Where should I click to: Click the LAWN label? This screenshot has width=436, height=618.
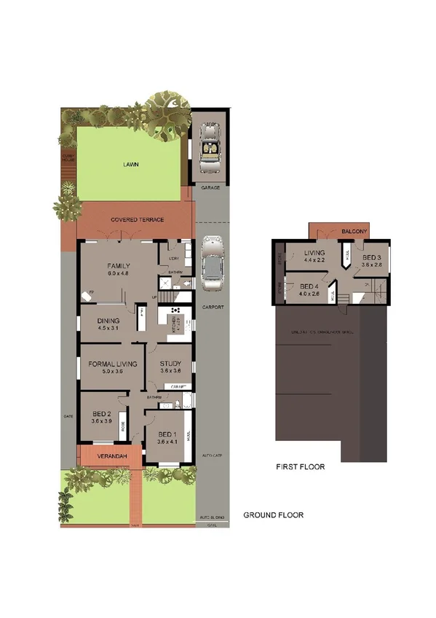pyautogui.click(x=131, y=165)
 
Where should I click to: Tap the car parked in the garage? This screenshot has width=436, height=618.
pyautogui.click(x=210, y=148)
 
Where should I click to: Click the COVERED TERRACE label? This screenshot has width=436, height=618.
pyautogui.click(x=137, y=219)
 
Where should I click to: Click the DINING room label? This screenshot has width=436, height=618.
pyautogui.click(x=108, y=321)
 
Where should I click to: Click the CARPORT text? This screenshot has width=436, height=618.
pyautogui.click(x=213, y=308)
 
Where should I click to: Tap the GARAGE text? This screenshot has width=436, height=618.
pyautogui.click(x=210, y=187)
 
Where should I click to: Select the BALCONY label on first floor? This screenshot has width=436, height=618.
pyautogui.click(x=354, y=232)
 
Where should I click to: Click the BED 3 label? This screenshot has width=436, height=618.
pyautogui.click(x=372, y=258)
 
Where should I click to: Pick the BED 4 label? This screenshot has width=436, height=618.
pyautogui.click(x=309, y=286)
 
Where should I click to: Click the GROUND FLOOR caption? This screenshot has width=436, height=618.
pyautogui.click(x=273, y=515)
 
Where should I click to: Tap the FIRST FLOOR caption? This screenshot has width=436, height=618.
pyautogui.click(x=300, y=466)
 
